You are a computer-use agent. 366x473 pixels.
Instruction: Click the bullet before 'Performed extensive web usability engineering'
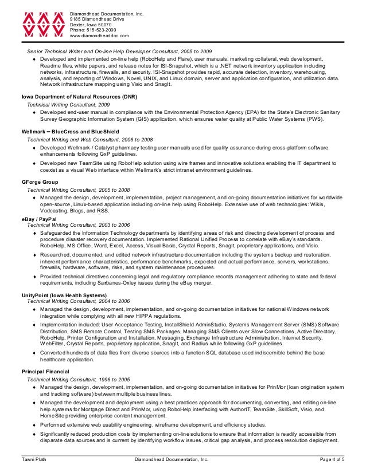pos(35,425)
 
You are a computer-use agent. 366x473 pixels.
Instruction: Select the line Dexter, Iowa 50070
pos(91,25)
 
